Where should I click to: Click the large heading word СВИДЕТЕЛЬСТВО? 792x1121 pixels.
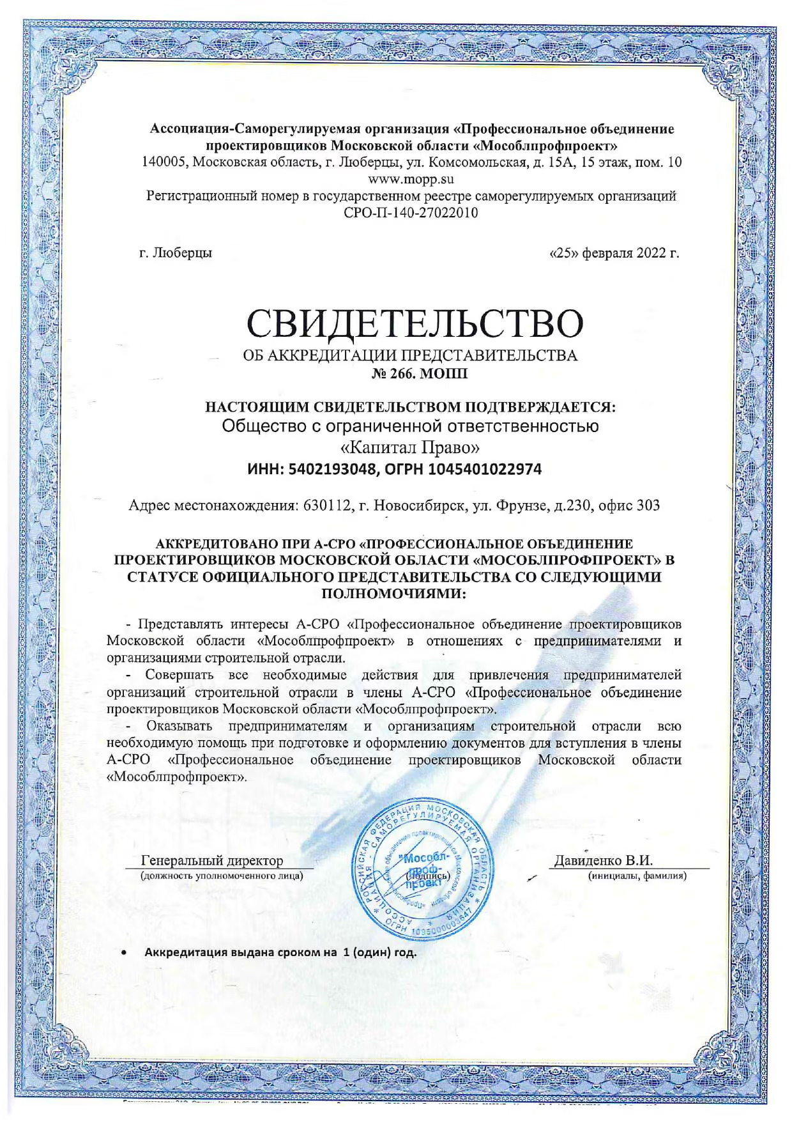point(415,323)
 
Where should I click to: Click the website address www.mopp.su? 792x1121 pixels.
point(411,179)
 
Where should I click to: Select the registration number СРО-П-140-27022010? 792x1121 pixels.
point(411,213)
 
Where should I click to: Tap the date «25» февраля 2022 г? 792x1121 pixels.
point(614,253)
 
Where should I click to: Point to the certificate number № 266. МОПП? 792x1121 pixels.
point(420,373)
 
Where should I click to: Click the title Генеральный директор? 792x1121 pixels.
point(211,860)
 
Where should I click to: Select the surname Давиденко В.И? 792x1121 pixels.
point(603,860)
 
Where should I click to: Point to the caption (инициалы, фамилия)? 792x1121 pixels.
point(637,876)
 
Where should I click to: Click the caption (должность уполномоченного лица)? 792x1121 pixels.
point(222,876)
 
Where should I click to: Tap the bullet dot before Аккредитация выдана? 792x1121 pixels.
point(125,952)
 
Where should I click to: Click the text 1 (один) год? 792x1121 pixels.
point(380,952)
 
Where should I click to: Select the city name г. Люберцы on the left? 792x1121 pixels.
point(176,253)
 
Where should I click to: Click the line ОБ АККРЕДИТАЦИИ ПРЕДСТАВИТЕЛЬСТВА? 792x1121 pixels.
point(410,356)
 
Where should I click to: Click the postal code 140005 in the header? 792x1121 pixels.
point(164,162)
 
